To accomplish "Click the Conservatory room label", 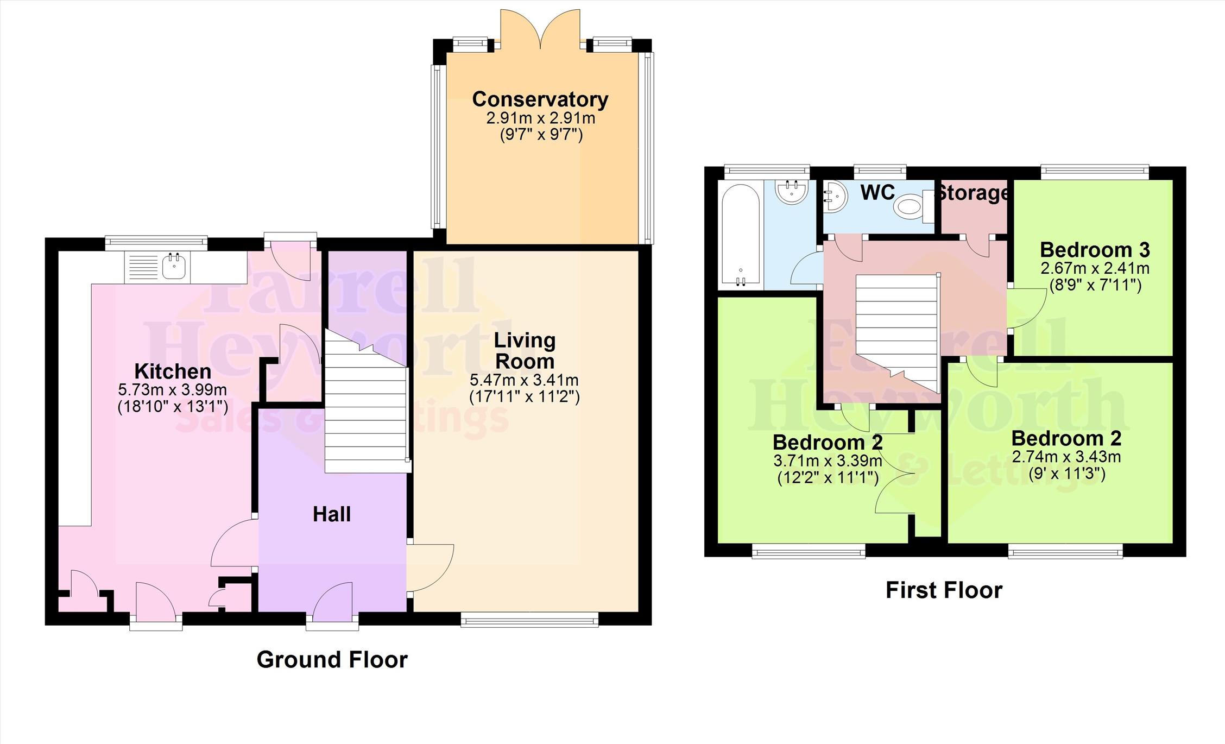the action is pyautogui.click(x=540, y=99).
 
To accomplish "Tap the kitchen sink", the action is pyautogui.click(x=173, y=267).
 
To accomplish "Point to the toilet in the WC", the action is pyautogui.click(x=913, y=207).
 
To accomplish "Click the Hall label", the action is pyautogui.click(x=332, y=514).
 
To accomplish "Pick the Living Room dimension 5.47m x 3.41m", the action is pyautogui.click(x=524, y=380).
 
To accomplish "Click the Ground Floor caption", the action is pyautogui.click(x=332, y=660).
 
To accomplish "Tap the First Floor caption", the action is pyautogui.click(x=944, y=590).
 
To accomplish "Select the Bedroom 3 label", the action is pyautogui.click(x=1095, y=250).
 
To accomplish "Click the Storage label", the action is pyautogui.click(x=973, y=193).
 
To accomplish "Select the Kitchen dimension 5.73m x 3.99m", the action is pyautogui.click(x=172, y=390).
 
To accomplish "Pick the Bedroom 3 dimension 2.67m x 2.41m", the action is pyautogui.click(x=1095, y=268).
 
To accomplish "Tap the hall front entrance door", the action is pyautogui.click(x=332, y=604).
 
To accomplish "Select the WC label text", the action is pyautogui.click(x=877, y=192).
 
